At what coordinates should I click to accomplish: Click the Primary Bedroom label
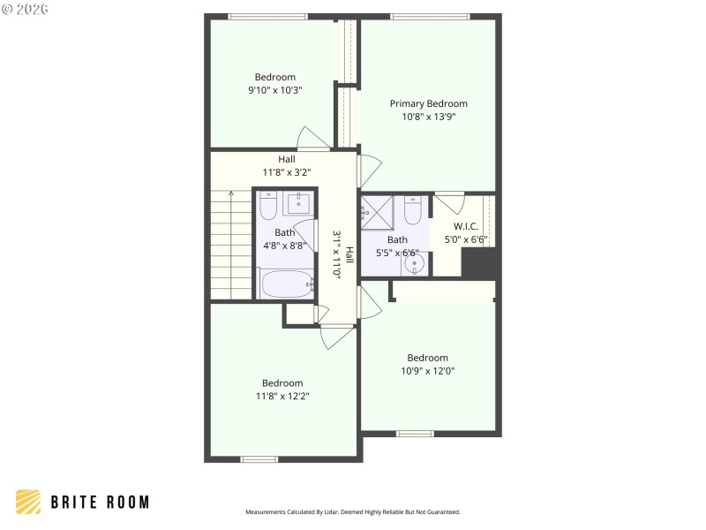coord(429,103)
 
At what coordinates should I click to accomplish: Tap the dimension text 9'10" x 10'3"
coord(275,89)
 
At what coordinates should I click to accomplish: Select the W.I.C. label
coord(466,226)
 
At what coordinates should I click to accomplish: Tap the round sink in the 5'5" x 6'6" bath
coord(412,263)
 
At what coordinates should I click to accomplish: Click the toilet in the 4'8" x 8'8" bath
coord(269,205)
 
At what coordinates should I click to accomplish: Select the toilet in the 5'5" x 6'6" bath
coord(413,210)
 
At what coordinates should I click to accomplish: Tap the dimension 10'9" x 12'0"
coord(428,371)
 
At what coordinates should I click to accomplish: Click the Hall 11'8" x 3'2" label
coord(287,165)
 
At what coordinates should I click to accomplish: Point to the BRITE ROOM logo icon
coord(28,502)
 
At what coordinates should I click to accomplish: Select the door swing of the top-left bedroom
coord(312,138)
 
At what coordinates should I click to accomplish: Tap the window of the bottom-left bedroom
coord(259,458)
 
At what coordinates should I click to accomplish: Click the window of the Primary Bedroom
coord(430,16)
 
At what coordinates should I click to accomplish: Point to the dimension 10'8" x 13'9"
coord(429,116)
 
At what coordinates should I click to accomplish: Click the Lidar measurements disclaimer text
coord(352,511)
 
